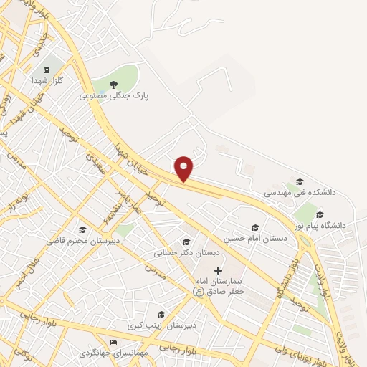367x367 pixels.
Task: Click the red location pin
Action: tap(184, 168)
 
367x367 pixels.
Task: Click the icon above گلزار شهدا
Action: tap(48, 69)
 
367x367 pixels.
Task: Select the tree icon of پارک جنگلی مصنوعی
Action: tap(113, 84)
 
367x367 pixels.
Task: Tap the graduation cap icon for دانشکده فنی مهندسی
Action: tap(300, 181)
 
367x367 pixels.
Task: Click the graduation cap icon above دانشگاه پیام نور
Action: tap(320, 214)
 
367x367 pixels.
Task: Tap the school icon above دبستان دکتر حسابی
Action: tap(187, 242)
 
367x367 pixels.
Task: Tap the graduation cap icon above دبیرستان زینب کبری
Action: tap(161, 314)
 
